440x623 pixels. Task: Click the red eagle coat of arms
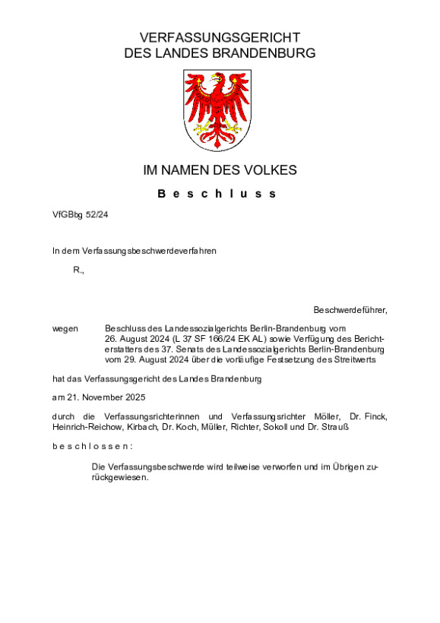(217, 110)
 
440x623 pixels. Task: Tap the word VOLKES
(269, 170)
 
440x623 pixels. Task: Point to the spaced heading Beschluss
(217, 194)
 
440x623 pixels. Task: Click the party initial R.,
(78, 270)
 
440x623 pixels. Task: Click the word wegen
(65, 329)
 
